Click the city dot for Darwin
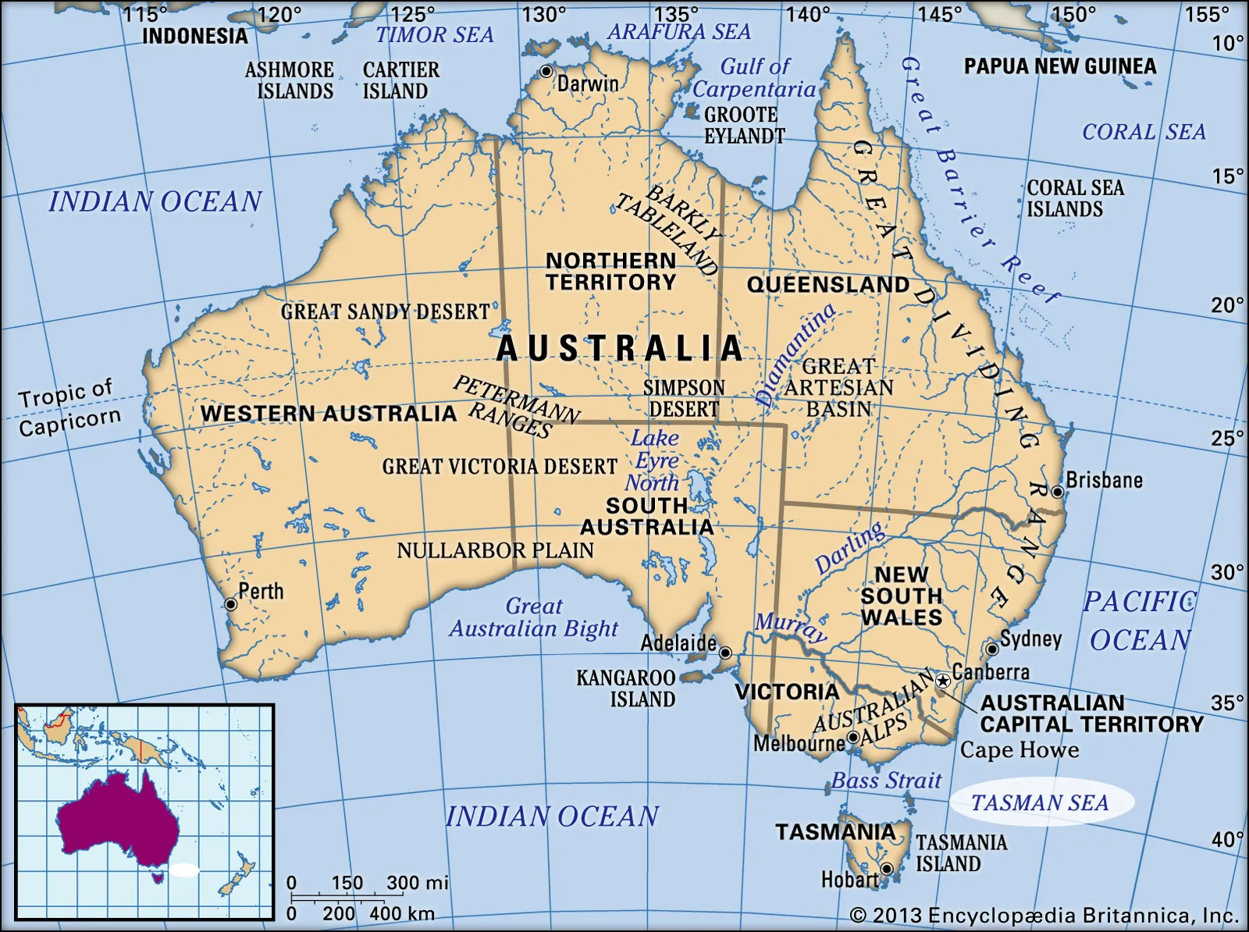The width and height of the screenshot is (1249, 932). click(x=546, y=71)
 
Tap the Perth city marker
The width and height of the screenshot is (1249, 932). click(x=230, y=604)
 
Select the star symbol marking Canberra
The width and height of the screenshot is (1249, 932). click(x=943, y=681)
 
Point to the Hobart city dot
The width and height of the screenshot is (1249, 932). click(x=887, y=869)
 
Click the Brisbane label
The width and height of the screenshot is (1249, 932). click(x=1104, y=480)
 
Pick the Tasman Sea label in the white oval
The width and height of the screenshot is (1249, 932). click(x=1040, y=802)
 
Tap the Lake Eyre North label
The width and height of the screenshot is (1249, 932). click(x=654, y=461)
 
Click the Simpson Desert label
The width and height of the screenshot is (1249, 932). click(x=684, y=398)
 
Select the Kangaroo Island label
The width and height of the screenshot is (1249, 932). click(x=626, y=688)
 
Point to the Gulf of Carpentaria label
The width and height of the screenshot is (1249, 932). click(x=754, y=78)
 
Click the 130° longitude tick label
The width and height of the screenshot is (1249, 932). click(x=543, y=14)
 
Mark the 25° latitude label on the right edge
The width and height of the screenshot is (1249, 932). click(x=1227, y=438)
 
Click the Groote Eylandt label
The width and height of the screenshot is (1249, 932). click(x=743, y=125)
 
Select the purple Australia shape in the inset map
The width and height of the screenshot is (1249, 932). click(x=117, y=820)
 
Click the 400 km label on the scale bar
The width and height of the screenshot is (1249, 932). click(x=401, y=914)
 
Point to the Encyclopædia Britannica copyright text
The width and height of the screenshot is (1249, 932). click(x=1044, y=915)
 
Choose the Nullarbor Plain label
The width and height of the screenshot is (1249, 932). click(x=495, y=550)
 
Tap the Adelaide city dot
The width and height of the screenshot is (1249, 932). click(x=725, y=652)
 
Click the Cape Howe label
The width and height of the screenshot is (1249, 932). click(x=1019, y=749)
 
